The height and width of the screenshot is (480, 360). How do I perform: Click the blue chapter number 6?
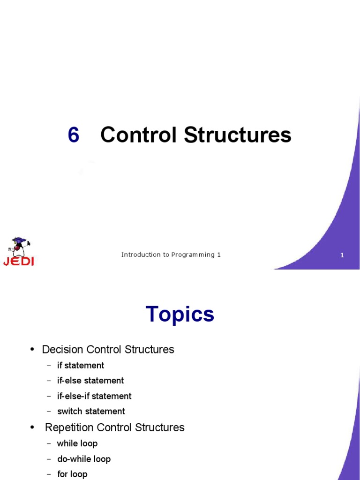(x=74, y=135)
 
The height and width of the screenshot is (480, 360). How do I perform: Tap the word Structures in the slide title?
(x=237, y=135)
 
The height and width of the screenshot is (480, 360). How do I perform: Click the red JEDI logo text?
(x=19, y=262)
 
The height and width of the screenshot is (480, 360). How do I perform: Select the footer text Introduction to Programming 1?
(x=171, y=255)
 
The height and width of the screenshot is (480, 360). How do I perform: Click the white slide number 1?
(x=342, y=255)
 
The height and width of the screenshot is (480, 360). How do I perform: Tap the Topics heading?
(x=180, y=314)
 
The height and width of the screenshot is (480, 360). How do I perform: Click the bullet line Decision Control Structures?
(x=108, y=350)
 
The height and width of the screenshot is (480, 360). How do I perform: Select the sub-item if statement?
(x=81, y=366)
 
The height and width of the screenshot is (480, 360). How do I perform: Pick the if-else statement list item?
(x=90, y=381)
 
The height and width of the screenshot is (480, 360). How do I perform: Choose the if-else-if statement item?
(x=94, y=396)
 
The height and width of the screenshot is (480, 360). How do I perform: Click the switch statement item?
(x=91, y=412)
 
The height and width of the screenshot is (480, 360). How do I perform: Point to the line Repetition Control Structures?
(x=114, y=427)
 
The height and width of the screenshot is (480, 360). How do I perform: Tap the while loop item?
(x=77, y=443)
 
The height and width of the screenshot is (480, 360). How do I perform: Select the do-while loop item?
(x=84, y=459)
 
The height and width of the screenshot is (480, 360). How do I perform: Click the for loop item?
(x=72, y=474)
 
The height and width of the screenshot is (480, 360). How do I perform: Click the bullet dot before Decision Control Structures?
(x=32, y=349)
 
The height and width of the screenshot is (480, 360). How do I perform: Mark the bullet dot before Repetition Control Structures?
(x=32, y=427)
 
